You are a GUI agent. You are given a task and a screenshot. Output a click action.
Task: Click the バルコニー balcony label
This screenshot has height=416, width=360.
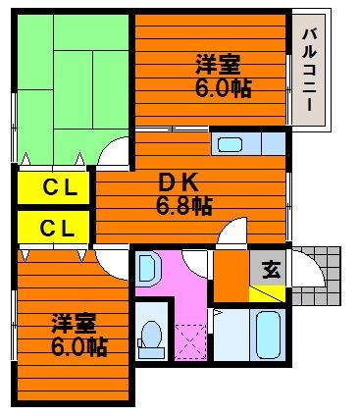(309, 70)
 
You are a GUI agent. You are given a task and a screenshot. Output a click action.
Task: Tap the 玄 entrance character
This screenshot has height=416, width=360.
(272, 270)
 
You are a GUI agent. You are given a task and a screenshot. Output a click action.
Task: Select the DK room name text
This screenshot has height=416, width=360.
(179, 183)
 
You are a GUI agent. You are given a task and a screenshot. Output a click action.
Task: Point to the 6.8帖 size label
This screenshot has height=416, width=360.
(184, 206)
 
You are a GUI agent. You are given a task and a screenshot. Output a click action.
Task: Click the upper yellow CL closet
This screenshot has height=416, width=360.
(53, 188)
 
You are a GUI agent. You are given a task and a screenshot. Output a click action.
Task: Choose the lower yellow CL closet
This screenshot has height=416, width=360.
(53, 227)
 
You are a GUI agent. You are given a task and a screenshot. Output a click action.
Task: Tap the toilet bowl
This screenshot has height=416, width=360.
(151, 338)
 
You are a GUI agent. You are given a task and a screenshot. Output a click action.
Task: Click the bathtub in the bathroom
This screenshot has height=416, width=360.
(268, 335)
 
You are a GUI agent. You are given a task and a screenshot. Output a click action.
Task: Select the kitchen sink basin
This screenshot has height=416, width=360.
(230, 144)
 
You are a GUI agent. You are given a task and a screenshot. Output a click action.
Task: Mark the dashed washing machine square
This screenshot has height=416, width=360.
(190, 342)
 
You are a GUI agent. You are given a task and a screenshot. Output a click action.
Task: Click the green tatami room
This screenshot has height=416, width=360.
(73, 88)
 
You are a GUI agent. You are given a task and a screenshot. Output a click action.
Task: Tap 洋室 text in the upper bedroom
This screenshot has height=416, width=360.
(218, 65)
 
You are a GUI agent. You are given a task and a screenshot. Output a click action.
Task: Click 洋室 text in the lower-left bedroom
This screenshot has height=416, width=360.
(75, 324)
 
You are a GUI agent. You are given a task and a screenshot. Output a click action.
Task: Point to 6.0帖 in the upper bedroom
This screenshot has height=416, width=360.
(224, 88)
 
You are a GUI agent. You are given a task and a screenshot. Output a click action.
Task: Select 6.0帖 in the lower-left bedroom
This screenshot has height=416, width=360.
(79, 347)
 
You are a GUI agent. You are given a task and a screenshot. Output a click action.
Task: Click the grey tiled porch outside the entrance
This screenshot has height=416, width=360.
(316, 277)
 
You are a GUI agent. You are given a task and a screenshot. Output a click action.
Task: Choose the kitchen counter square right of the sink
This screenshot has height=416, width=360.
(274, 143)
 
